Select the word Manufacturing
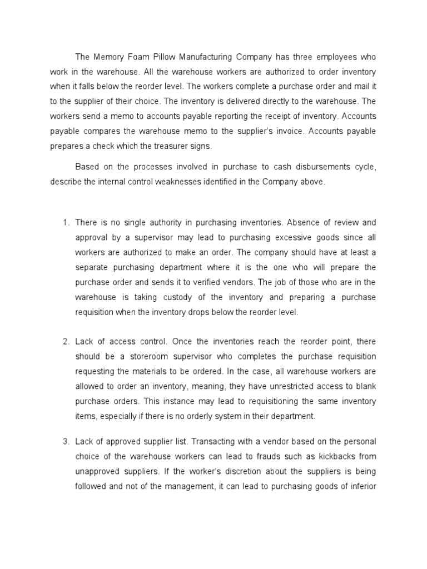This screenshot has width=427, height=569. coord(206,57)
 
